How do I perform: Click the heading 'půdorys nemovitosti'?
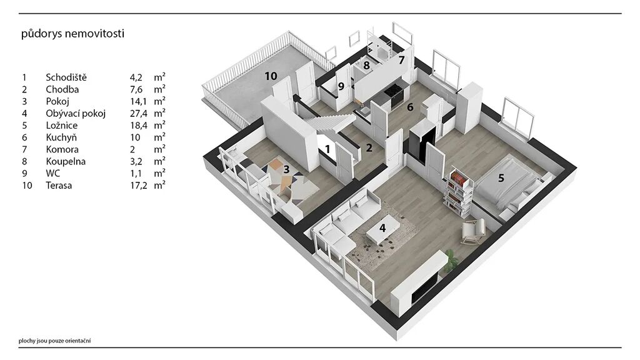[x=72, y=34]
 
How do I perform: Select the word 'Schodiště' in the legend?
[x=66, y=77]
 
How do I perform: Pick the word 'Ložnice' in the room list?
[x=62, y=125]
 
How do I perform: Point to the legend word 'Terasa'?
[x=59, y=185]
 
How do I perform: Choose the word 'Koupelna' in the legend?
[x=66, y=162]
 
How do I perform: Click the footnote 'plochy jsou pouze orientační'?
[x=55, y=341]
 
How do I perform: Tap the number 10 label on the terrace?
[x=271, y=76]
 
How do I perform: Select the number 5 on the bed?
[x=501, y=178]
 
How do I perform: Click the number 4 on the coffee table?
[x=382, y=227]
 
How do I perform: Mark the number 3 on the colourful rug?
[x=286, y=169]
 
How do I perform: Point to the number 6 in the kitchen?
[x=410, y=107]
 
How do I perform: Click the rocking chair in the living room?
[x=474, y=231]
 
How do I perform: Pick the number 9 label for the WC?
[x=341, y=86]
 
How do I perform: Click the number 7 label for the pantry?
[x=401, y=61]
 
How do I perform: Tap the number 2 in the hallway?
[x=369, y=148]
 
